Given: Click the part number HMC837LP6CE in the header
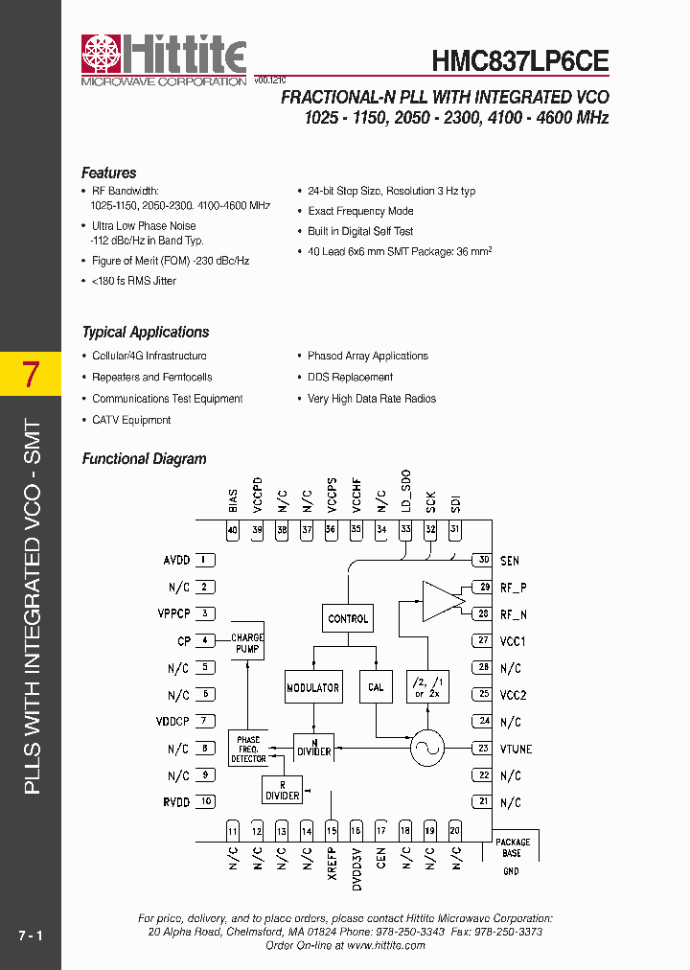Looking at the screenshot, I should (520, 60).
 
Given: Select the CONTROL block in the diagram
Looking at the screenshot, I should (348, 618).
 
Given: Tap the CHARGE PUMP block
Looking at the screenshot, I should (247, 643).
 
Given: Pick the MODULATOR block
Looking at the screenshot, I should (312, 687).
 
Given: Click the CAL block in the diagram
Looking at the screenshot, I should (376, 686).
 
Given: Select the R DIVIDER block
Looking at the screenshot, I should (282, 790).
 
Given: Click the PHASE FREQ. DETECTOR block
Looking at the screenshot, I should (248, 749).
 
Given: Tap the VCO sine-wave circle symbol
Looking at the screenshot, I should (426, 748).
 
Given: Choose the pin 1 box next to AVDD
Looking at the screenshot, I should (205, 560).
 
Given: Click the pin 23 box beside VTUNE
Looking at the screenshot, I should (484, 749).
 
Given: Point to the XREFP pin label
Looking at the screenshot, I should (332, 864).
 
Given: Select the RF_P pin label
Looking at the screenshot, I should (514, 588).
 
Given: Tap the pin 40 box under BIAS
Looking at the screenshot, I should (232, 529).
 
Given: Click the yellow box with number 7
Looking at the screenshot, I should (31, 375).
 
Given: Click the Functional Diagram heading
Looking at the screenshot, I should (144, 459).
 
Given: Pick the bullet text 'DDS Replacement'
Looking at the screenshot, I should (350, 377).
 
